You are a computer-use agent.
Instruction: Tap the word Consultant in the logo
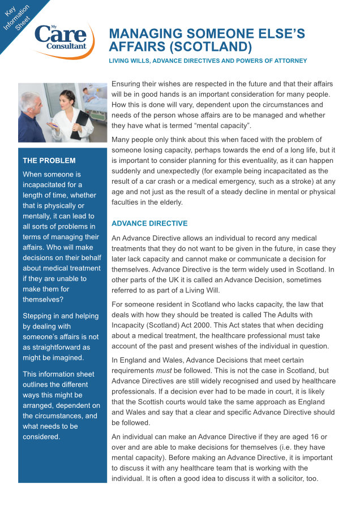pyautogui.click(x=66, y=46)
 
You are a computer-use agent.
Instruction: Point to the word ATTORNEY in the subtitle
pyautogui.click(x=290, y=61)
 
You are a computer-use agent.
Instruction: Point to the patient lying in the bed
pyautogui.click(x=91, y=93)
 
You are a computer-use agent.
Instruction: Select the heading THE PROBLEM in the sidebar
pyautogui.click(x=49, y=161)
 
